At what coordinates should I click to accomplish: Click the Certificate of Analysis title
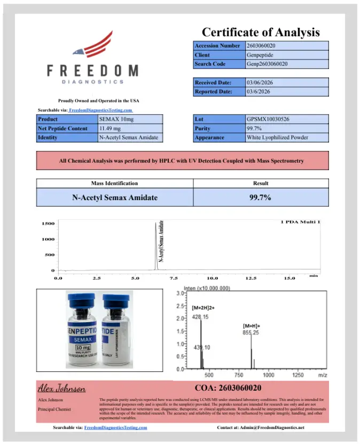point(261,32)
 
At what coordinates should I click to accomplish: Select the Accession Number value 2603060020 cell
point(287,46)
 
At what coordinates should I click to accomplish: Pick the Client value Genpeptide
point(287,55)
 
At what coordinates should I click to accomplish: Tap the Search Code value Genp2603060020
point(287,64)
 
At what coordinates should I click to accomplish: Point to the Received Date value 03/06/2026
point(287,83)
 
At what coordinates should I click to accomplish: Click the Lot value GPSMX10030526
point(287,120)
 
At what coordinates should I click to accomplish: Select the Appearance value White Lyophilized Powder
point(287,137)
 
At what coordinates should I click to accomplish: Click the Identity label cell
point(67,137)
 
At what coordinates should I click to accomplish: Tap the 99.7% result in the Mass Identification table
point(260,197)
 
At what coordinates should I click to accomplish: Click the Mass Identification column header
point(114,184)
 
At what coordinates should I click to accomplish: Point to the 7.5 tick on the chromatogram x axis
point(174,279)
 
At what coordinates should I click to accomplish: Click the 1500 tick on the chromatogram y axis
point(48,224)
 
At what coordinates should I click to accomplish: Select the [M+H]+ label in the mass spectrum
point(252,326)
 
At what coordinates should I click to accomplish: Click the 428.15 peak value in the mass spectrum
point(200,317)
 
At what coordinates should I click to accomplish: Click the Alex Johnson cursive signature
point(62,388)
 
